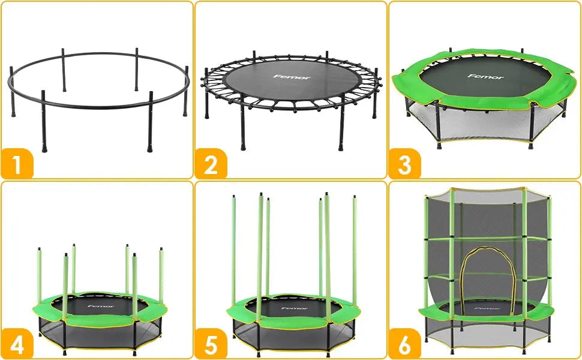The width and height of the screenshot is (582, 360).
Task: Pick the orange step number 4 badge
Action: (17, 345)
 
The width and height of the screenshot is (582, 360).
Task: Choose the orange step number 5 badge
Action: (211, 345)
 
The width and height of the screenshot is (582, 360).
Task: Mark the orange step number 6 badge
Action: (405, 345)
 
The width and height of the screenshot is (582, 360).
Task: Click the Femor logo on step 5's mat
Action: (293, 308)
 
